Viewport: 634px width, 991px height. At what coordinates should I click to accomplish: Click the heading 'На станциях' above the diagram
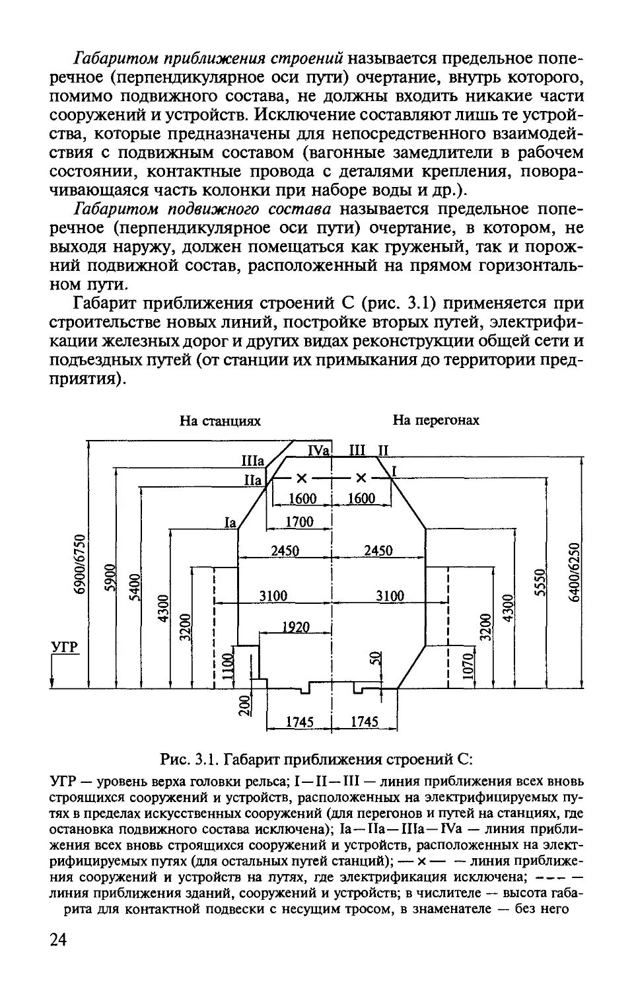pos(221,421)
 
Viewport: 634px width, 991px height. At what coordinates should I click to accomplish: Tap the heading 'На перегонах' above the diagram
pos(436,420)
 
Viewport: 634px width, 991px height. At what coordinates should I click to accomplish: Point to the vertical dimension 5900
pos(110,580)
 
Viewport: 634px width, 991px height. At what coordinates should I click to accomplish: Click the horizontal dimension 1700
pos(299,522)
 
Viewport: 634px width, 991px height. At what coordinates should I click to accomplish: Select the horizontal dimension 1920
pos(295,626)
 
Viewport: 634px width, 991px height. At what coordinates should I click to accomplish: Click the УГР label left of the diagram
pos(65,647)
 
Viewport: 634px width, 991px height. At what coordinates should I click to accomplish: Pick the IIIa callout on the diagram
pos(253,460)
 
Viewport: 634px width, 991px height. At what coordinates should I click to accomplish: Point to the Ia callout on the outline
pos(229,523)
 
